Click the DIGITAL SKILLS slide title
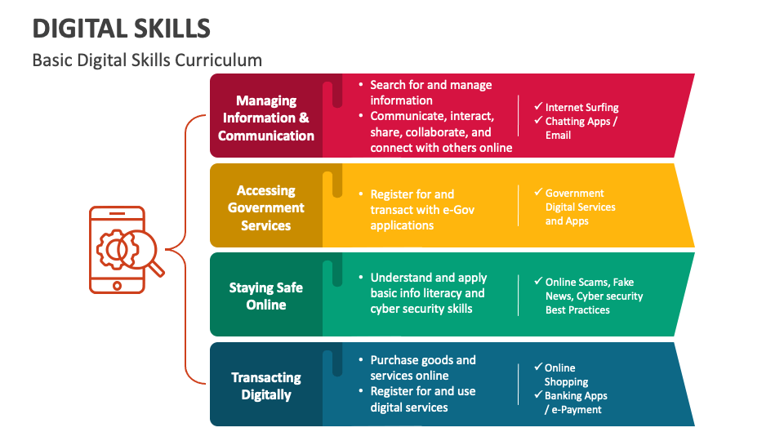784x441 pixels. pyautogui.click(x=121, y=29)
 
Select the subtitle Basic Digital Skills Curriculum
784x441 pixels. pyautogui.click(x=147, y=60)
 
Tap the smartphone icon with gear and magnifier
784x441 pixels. pyautogui.click(x=118, y=249)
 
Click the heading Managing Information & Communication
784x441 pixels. pyautogui.click(x=266, y=118)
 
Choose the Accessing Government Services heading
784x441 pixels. pyautogui.click(x=266, y=207)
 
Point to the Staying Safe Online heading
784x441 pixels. pyautogui.click(x=266, y=296)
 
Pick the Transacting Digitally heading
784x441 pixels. pyautogui.click(x=266, y=385)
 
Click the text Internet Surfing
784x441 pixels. pyautogui.click(x=581, y=107)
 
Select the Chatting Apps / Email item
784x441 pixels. pyautogui.click(x=581, y=128)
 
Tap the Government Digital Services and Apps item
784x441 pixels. pyautogui.click(x=580, y=207)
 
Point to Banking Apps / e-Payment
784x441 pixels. pyautogui.click(x=575, y=403)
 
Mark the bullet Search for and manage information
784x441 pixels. pyautogui.click(x=430, y=92)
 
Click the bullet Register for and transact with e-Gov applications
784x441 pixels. pyautogui.click(x=422, y=210)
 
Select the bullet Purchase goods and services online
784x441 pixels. pyautogui.click(x=422, y=367)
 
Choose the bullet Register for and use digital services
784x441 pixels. pyautogui.click(x=422, y=399)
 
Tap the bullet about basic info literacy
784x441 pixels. pyautogui.click(x=428, y=293)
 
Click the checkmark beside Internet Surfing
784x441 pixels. pyautogui.click(x=538, y=106)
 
